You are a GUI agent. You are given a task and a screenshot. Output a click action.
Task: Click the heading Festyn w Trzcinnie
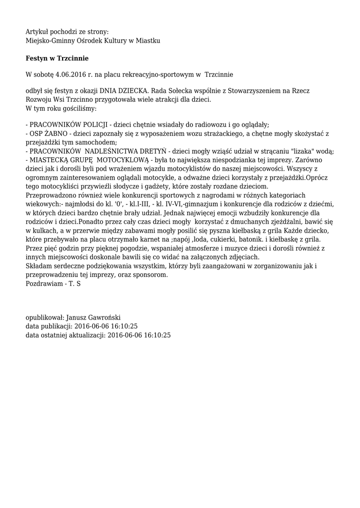57,58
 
